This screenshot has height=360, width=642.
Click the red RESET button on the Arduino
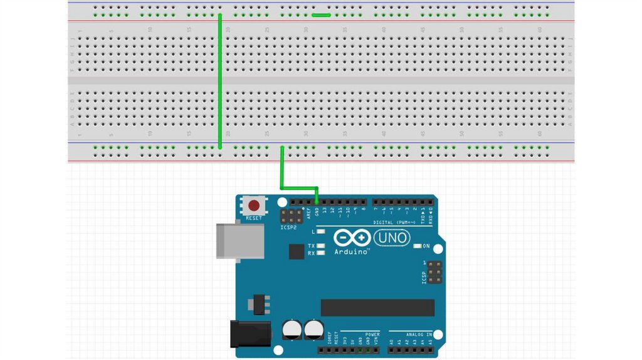point(255,206)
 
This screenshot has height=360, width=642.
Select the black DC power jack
point(250,334)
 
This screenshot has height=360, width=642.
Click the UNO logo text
point(392,238)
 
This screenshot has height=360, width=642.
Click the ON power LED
point(418,246)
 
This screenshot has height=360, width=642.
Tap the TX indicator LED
point(321,246)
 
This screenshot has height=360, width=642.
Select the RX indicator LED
point(321,253)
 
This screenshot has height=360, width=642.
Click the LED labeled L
point(321,232)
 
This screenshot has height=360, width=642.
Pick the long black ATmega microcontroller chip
point(377,307)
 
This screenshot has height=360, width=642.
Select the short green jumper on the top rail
point(321,14)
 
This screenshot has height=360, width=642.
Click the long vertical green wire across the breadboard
point(220,82)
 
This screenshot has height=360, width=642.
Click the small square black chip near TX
point(297,251)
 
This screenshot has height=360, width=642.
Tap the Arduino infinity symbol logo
point(351,238)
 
